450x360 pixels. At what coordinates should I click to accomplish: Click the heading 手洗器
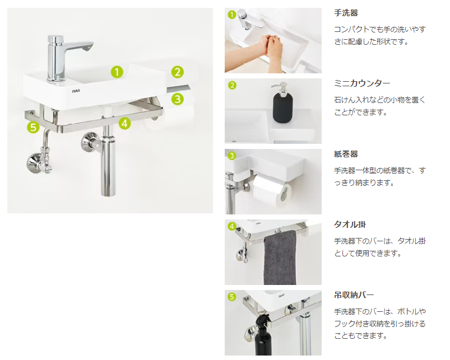point(346,12)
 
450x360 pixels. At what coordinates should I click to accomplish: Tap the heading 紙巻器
point(346,153)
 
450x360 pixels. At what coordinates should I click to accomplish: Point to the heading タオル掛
point(350,224)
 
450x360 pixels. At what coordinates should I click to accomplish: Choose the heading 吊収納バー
point(354,294)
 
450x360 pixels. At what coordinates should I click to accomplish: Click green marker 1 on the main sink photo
point(117,72)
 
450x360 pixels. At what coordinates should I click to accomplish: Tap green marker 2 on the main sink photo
point(177,72)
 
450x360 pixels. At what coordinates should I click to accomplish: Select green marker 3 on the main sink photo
point(177,99)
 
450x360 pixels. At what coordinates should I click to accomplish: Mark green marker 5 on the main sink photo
point(33,128)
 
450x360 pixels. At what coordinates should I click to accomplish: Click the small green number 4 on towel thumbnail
point(231,226)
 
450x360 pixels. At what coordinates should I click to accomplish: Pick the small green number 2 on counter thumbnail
point(231,85)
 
